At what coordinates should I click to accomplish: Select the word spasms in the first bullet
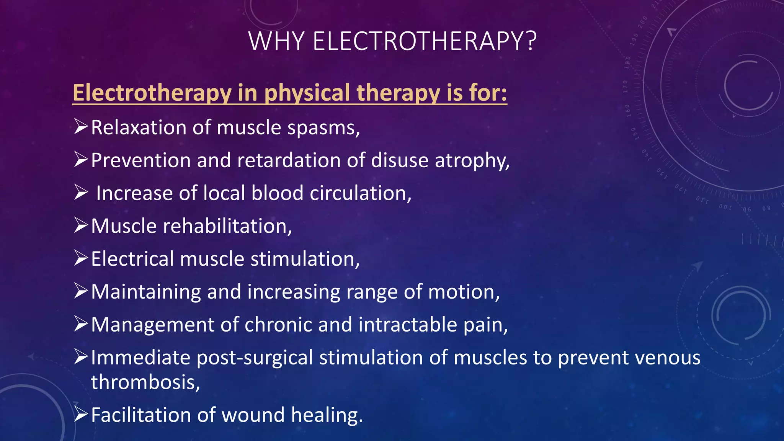pyautogui.click(x=323, y=128)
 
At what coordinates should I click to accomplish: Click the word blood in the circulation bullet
pyautogui.click(x=277, y=193)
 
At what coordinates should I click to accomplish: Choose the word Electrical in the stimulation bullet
pyautogui.click(x=132, y=259)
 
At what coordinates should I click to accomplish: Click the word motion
pyautogui.click(x=464, y=292)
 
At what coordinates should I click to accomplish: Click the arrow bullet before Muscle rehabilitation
pyautogui.click(x=81, y=225)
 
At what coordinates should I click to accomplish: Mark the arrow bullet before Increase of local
pyautogui.click(x=81, y=193)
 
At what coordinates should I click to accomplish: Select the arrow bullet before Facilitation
pyautogui.click(x=81, y=415)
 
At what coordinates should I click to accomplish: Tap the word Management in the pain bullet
pyautogui.click(x=153, y=325)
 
